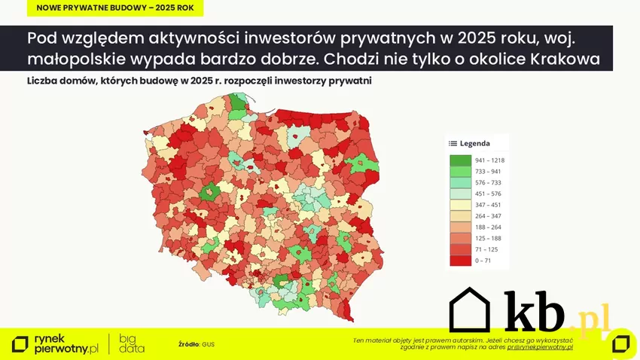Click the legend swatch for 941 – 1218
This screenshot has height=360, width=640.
tap(460, 160)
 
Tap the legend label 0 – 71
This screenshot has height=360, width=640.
tap(483, 260)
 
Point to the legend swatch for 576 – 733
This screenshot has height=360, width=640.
tap(460, 182)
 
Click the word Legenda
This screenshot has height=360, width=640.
tap(475, 143)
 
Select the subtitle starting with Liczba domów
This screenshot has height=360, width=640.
tap(199, 80)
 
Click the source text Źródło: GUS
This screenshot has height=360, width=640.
tap(197, 344)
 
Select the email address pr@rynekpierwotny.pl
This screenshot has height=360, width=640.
tap(540, 347)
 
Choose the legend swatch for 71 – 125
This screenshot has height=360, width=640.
tap(460, 249)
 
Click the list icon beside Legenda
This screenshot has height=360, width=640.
tap(453, 143)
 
